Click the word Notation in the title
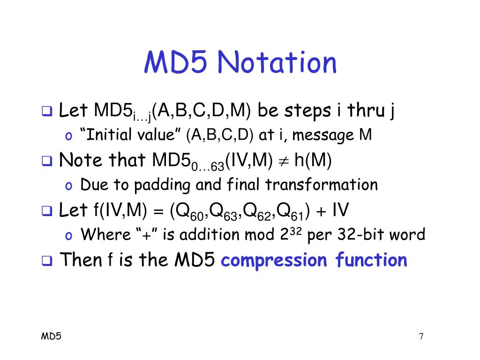coord(277,62)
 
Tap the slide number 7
coord(421,336)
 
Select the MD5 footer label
coord(51,336)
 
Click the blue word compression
coord(274,261)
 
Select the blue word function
coord(371,260)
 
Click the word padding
coord(162,185)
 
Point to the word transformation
coord(321,185)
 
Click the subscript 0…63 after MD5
coord(208,166)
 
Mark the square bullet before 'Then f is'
coord(47,261)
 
